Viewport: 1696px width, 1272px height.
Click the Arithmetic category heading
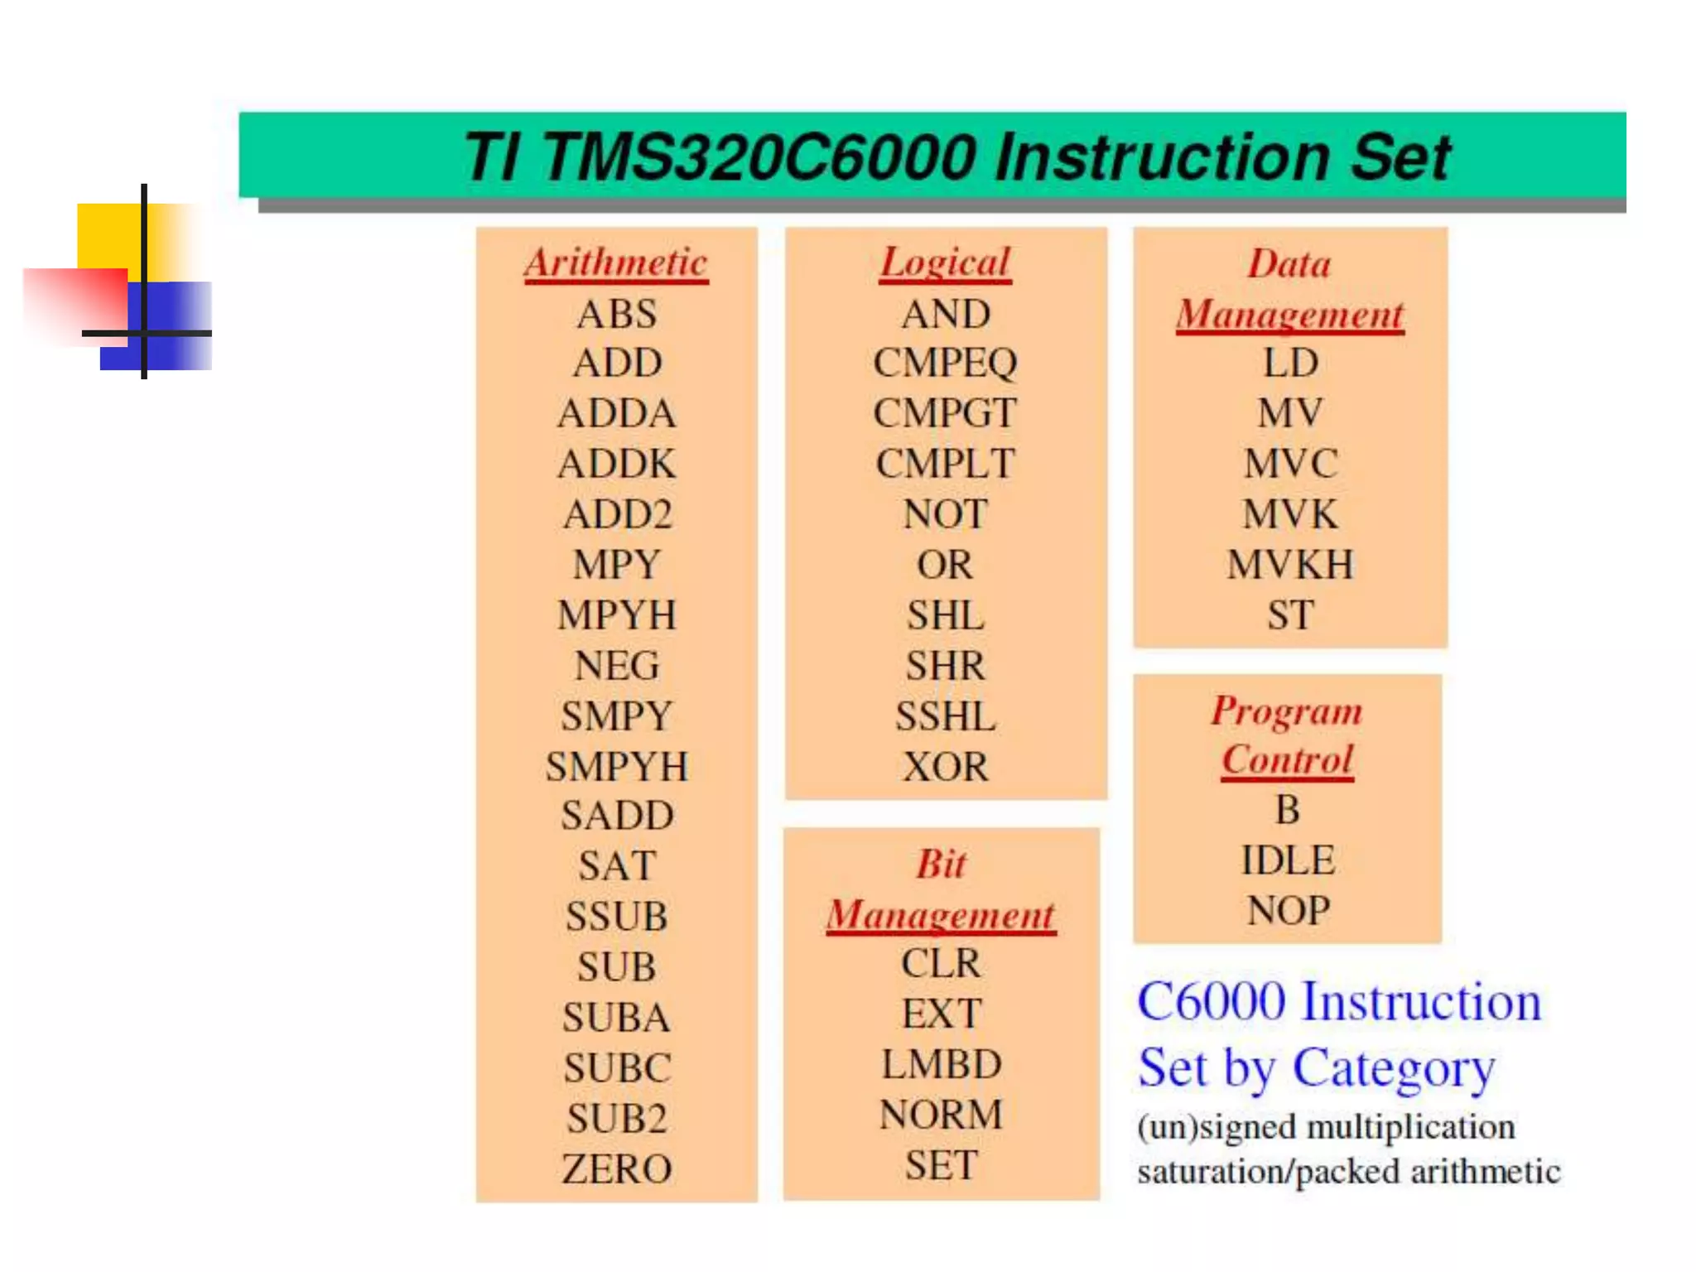click(616, 263)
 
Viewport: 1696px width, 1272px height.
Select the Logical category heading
click(945, 263)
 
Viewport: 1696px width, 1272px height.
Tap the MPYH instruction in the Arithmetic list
click(617, 615)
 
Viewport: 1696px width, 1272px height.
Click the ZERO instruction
click(617, 1168)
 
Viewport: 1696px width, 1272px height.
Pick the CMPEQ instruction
click(945, 363)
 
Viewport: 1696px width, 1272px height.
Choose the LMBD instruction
click(942, 1064)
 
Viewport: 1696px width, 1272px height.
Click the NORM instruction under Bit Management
click(942, 1115)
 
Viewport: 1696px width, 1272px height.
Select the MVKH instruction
click(1290, 565)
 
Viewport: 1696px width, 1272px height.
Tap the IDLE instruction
click(1288, 860)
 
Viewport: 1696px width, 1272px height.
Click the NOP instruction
click(1288, 910)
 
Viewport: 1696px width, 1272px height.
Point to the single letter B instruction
click(1287, 810)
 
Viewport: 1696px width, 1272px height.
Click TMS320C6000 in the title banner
click(758, 157)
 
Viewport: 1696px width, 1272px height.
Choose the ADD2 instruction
click(617, 514)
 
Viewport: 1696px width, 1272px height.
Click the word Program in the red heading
click(1286, 711)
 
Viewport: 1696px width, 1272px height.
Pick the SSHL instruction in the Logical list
click(945, 716)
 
